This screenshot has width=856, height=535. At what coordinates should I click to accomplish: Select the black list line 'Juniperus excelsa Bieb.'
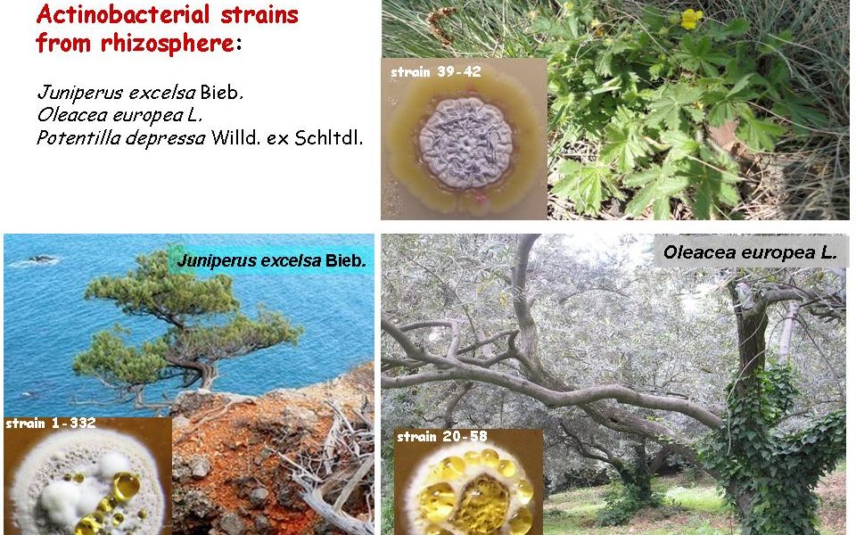pos(140,93)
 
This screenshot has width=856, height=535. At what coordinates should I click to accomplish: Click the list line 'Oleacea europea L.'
pos(119,115)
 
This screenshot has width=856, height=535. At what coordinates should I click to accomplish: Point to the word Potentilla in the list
pos(78,137)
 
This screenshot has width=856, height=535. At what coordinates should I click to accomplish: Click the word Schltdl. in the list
pos(329,137)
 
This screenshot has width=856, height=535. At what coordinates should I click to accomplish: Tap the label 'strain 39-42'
pos(436,72)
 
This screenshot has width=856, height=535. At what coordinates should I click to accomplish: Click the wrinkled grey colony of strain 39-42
pos(465,143)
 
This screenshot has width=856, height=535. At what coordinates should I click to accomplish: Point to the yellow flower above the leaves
pos(690,19)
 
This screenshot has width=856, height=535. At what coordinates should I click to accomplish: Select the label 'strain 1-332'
pos(50,423)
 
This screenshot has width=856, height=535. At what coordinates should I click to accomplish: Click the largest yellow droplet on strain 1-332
pos(126,487)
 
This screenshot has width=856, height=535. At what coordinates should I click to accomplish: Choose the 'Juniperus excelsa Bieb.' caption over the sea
pos(271,261)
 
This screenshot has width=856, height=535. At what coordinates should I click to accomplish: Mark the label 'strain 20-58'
pos(441,437)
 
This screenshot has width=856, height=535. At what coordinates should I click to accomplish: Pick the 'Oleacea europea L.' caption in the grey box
pos(750,252)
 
